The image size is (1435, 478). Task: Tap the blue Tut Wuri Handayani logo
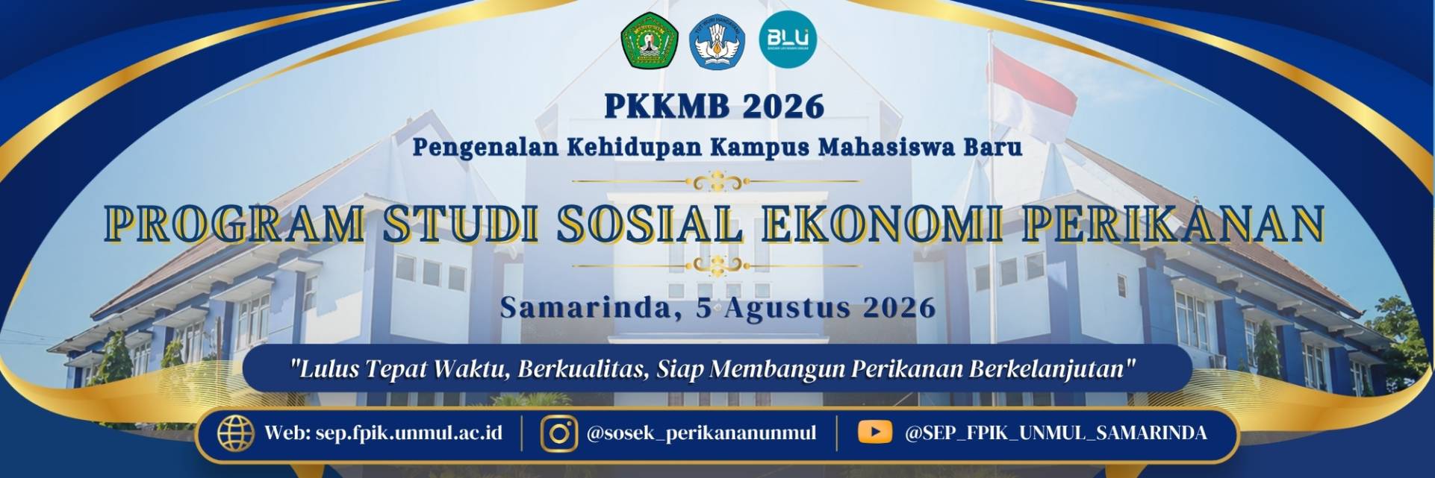coord(717,41)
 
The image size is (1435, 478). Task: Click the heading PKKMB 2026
coord(715,107)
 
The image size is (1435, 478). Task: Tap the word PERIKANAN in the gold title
coord(1172,223)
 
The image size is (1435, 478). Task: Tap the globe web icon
coord(236,433)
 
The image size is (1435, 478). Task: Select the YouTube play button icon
coord(875,433)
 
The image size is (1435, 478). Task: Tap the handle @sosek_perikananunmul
coord(701,433)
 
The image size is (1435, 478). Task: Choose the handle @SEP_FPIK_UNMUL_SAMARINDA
coord(1055,433)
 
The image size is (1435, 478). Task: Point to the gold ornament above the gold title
coord(717,180)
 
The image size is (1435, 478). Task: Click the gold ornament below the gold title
coord(717,265)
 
